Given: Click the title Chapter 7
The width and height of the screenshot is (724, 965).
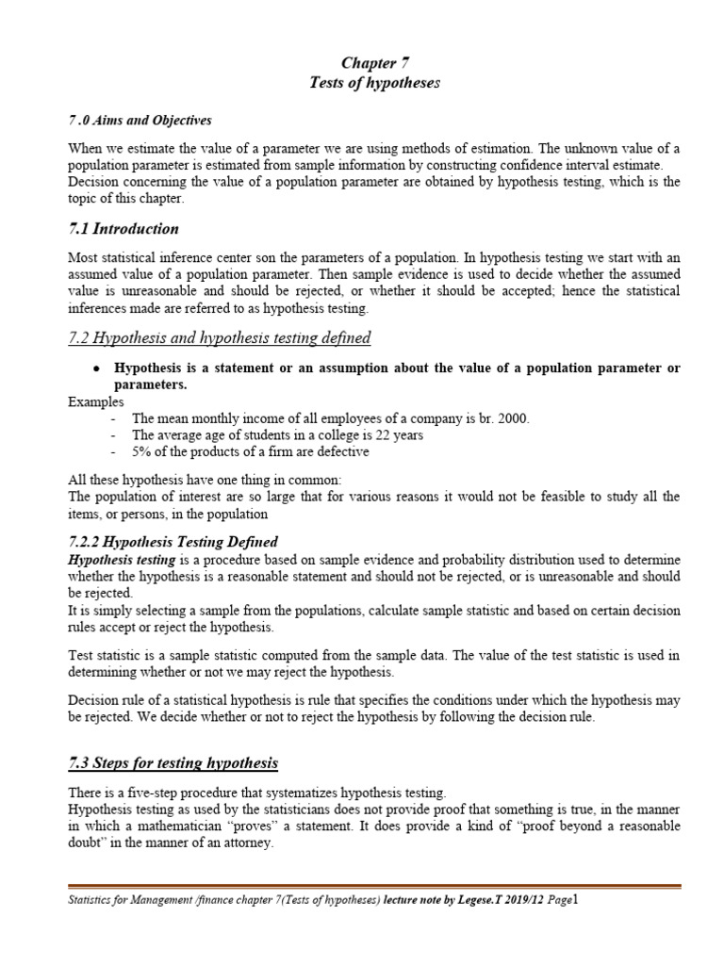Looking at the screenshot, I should pos(374,63).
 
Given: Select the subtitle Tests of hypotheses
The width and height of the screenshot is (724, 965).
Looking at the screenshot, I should pos(374,83).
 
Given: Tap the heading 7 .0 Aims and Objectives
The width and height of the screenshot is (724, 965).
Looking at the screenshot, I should pos(140,120).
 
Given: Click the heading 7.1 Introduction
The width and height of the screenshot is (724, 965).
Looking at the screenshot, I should pos(123,229).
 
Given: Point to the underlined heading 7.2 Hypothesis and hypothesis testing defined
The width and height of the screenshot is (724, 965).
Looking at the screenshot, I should pos(220,337).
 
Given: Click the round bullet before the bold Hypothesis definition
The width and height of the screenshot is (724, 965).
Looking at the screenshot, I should pos(97,368).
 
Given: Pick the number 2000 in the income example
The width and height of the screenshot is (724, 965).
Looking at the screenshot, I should pos(512,418).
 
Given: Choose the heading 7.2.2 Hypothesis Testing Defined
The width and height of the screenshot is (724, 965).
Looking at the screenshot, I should pos(173,542).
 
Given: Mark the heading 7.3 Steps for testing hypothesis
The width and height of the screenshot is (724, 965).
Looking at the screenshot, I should pos(173,762).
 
